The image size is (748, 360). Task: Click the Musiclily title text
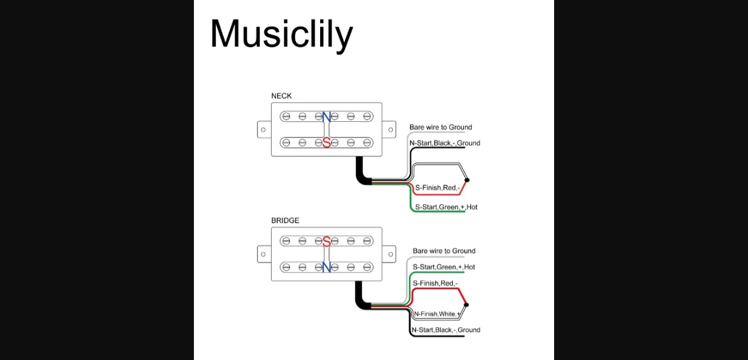281,34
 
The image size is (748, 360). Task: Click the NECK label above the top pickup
281,96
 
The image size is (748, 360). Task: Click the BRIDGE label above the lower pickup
285,221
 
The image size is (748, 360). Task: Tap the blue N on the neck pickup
327,117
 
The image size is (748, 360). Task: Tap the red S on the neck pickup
327,143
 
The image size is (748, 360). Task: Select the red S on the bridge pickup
327,241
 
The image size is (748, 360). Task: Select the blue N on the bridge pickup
327,267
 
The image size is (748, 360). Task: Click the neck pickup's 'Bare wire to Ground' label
441,127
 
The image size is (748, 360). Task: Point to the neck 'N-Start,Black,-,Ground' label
444,143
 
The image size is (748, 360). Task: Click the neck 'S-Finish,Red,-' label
437,188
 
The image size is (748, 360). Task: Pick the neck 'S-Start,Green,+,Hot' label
446,207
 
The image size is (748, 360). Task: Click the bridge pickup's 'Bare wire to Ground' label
444,251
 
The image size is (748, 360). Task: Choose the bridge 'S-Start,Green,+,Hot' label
444,267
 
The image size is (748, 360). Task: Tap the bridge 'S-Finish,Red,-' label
435,283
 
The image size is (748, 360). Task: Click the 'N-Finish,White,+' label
436,314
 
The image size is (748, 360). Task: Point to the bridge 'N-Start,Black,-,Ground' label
446,330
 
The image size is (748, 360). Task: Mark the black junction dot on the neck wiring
466,180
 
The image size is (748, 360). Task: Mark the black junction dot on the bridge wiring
466,305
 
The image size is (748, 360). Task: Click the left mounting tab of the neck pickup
264,129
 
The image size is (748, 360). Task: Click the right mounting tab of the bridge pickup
389,254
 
